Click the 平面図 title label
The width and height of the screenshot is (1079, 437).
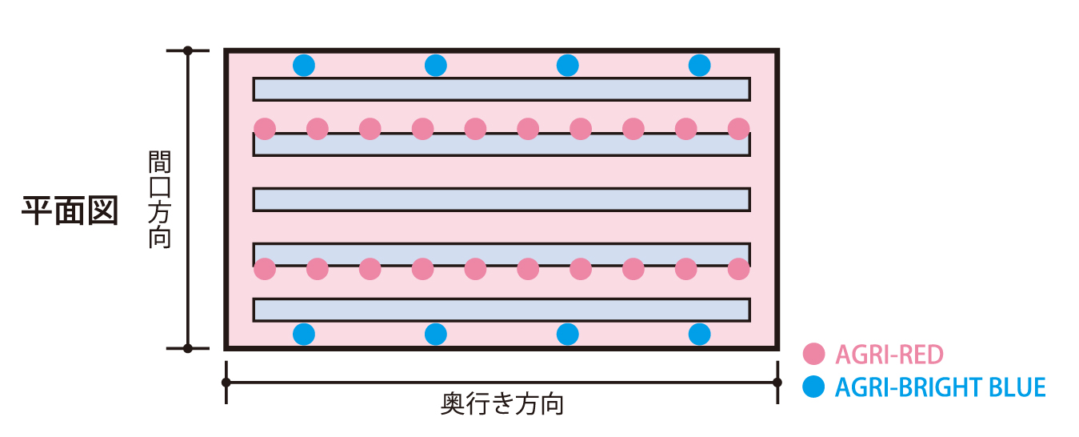point(70,210)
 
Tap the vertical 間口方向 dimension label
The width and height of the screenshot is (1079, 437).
point(160,199)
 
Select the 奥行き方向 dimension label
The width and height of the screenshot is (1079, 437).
point(502,404)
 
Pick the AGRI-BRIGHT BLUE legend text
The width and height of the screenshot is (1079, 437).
point(940,387)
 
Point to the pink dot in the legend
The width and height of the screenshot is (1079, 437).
point(813,354)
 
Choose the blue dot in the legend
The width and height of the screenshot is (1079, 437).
point(813,387)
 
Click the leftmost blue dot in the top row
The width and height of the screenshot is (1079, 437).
point(303,65)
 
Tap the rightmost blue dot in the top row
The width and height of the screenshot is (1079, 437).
point(699,65)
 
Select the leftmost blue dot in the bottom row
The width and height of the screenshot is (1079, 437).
point(303,334)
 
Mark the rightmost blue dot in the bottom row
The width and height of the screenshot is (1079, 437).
point(699,334)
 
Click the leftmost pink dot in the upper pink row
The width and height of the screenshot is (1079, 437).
point(265,128)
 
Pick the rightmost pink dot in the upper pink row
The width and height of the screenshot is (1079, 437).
point(739,128)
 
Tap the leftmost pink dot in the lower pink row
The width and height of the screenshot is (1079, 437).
point(265,269)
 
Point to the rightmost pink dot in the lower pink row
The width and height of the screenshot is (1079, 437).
point(739,269)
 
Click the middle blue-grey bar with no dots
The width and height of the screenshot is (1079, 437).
point(502,199)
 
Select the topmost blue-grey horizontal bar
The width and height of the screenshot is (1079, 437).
point(502,89)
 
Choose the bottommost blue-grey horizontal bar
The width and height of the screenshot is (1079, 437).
point(502,310)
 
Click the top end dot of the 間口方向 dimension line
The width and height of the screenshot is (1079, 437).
point(188,50)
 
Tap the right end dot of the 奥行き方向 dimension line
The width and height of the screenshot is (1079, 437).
point(777,383)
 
